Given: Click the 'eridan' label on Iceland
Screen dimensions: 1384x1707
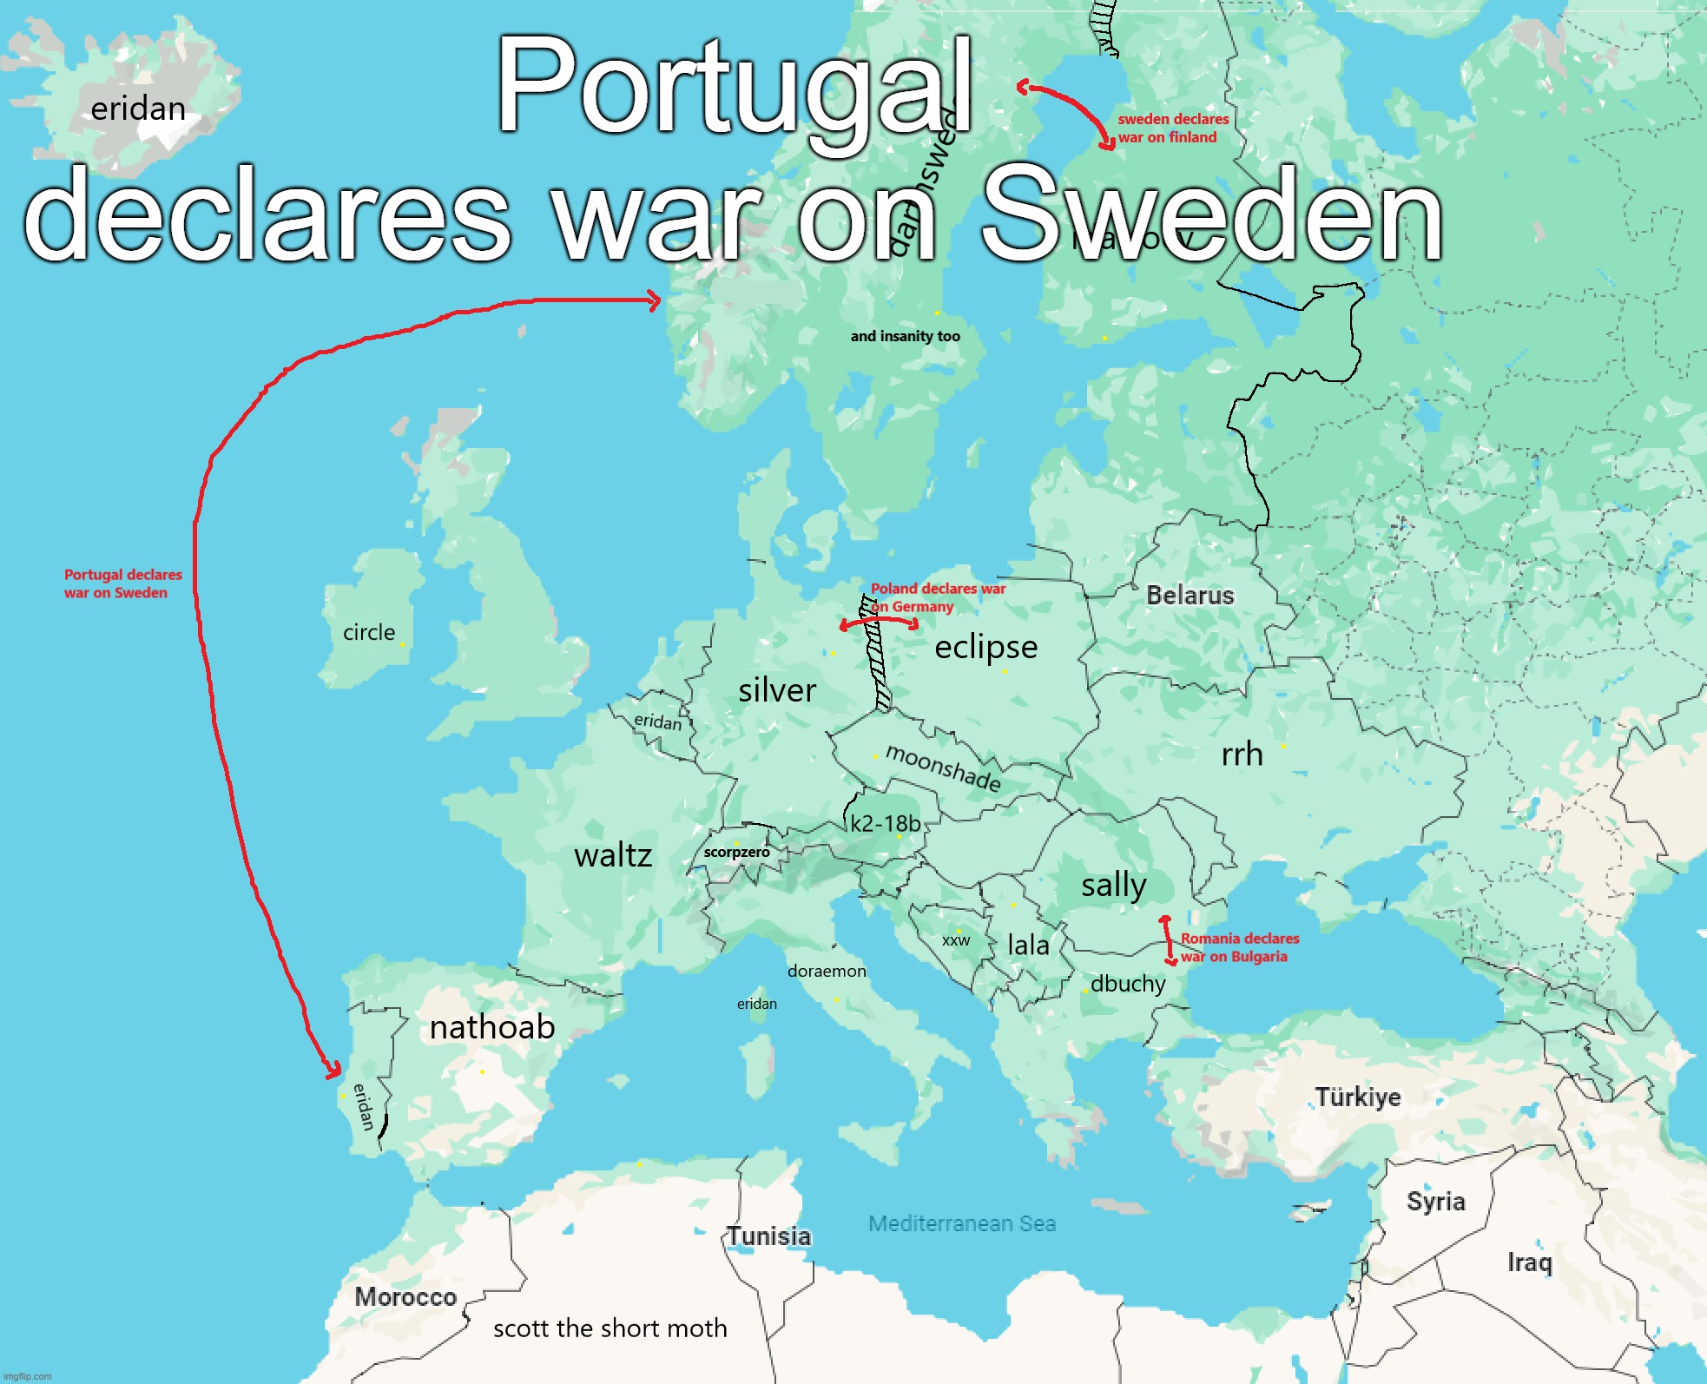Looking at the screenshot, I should [138, 109].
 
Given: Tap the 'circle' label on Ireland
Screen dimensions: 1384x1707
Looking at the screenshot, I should [369, 633].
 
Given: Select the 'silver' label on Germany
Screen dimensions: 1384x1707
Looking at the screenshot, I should [777, 691].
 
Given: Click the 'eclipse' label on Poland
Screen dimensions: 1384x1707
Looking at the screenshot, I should [985, 648].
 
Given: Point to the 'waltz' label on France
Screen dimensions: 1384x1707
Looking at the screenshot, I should [613, 856].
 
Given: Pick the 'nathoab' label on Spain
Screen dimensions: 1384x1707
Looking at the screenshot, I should [492, 1028].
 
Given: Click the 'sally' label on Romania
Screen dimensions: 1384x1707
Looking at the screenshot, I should [1114, 886].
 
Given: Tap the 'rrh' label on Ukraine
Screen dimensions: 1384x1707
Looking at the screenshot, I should [1242, 755].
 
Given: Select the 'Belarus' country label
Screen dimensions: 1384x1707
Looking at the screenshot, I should [1190, 596].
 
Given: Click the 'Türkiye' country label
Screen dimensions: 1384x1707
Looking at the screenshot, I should [1357, 1097].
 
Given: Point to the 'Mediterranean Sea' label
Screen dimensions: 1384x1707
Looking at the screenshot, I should [962, 1224].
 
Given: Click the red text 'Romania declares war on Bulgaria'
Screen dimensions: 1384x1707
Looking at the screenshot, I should [1238, 947].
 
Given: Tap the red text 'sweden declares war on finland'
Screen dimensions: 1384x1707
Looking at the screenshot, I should [1172, 129].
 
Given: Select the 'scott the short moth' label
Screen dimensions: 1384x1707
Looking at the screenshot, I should [610, 1328].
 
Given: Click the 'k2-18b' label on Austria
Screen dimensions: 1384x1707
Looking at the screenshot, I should [885, 824].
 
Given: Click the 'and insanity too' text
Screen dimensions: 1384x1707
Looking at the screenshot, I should [905, 337].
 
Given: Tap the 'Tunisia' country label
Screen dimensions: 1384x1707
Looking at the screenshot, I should [768, 1236].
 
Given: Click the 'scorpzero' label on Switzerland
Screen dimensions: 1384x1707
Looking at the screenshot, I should [736, 853].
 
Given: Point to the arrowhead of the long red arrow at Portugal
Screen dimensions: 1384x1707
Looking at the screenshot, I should [334, 1073].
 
